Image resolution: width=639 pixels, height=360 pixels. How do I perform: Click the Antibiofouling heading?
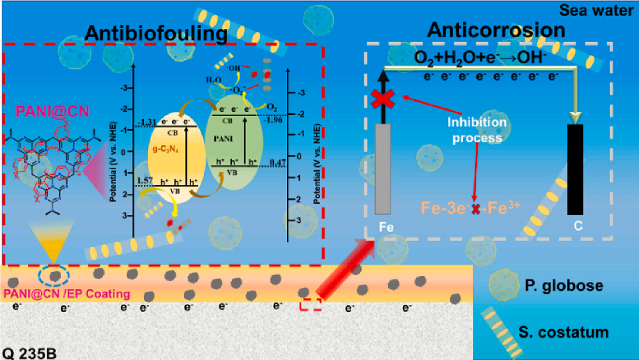tap(156, 34)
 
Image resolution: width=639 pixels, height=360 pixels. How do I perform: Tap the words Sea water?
tap(605, 9)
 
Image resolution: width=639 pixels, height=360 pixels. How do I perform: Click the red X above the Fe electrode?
tap(383, 99)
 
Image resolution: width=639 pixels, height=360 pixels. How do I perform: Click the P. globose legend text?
tap(563, 286)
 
